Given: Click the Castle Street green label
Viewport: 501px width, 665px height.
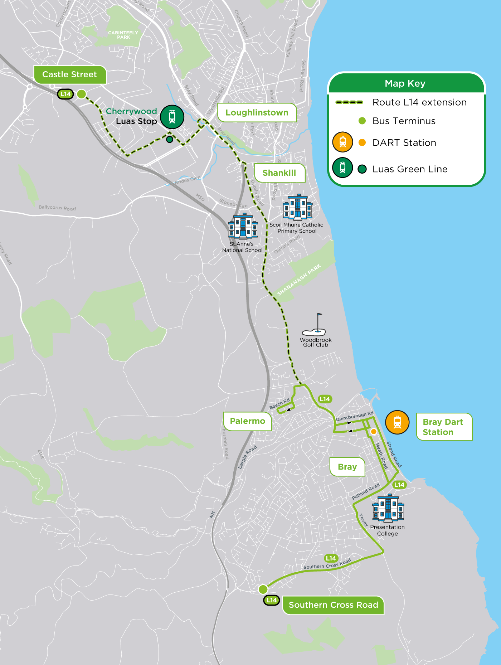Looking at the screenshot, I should (70, 74).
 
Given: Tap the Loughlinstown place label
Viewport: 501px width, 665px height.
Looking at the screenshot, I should (257, 112).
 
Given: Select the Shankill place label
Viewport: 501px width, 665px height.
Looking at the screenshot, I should (279, 173).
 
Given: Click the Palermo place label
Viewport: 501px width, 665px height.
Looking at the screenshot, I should (247, 421).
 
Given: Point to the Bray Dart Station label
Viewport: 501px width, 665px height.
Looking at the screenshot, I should (444, 427).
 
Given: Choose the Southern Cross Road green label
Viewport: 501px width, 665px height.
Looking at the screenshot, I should (333, 605).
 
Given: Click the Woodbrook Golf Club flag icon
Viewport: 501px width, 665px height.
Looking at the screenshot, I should (315, 324).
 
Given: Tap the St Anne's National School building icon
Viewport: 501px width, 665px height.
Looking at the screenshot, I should (243, 227).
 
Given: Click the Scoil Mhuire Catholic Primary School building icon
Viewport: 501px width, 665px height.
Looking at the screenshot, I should (297, 207).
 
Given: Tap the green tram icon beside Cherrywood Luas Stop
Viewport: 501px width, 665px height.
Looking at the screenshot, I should (172, 117).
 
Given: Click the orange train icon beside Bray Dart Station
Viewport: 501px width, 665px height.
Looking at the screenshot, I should (397, 422).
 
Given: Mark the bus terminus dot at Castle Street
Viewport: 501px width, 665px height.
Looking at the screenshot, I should (82, 94).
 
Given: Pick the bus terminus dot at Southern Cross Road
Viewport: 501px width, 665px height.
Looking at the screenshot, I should (263, 589).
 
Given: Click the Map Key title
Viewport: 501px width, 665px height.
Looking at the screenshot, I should (405, 83).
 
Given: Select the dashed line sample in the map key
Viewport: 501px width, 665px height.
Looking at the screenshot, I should (349, 102).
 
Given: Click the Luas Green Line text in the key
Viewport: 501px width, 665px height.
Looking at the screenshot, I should (410, 169).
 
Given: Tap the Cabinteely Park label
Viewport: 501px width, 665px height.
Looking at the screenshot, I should (123, 35).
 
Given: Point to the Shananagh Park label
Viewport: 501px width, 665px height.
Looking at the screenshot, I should (299, 280).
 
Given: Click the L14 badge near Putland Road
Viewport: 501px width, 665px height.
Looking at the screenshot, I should (399, 485).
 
